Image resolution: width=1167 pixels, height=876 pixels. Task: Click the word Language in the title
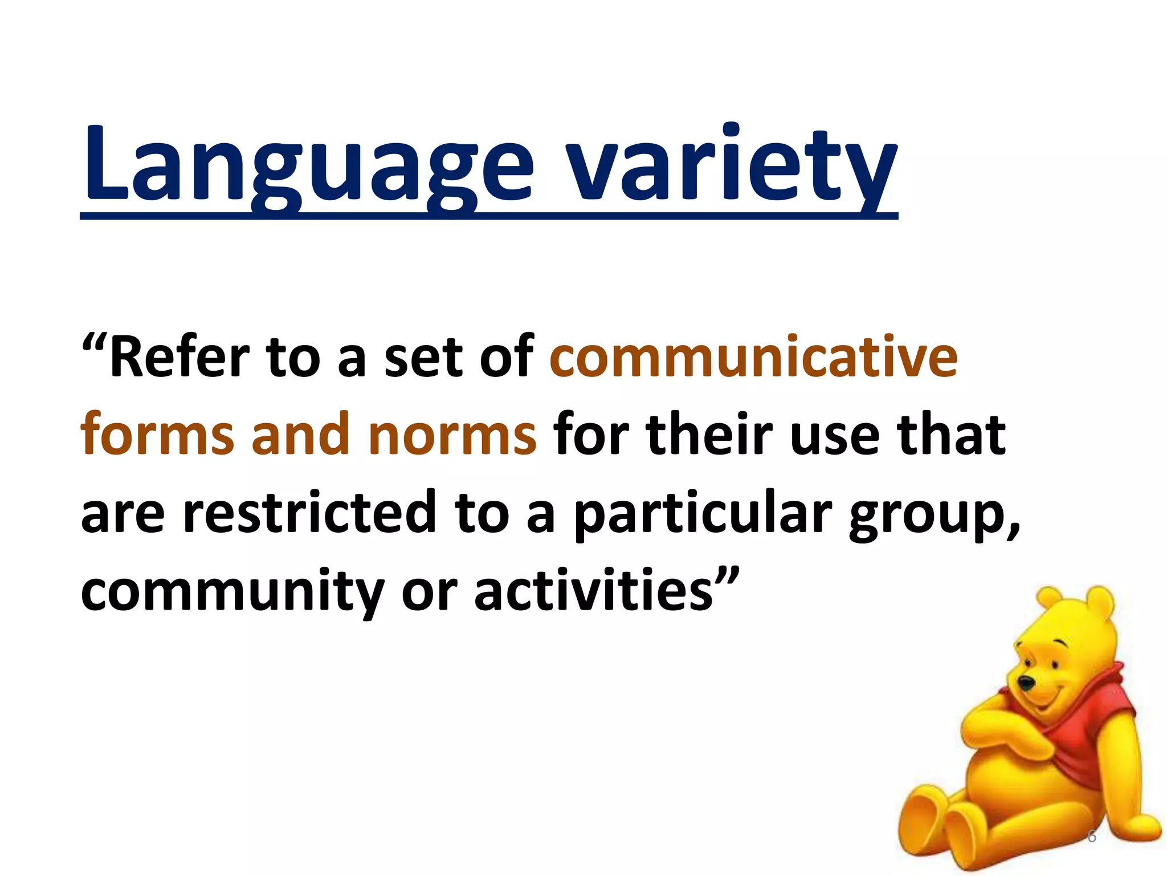(x=308, y=165)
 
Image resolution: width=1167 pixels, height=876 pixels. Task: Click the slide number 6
(x=1091, y=837)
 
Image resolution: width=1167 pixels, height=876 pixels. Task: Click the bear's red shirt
(x=1083, y=741)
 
